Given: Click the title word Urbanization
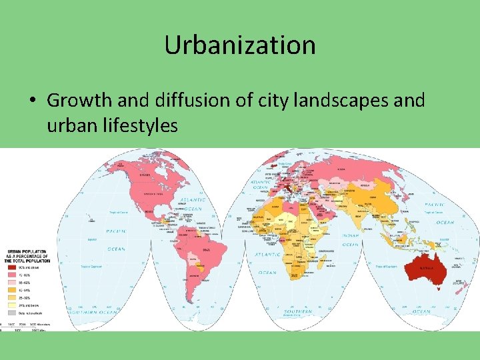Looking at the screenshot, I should (x=240, y=45).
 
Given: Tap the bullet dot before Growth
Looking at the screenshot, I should (x=31, y=101).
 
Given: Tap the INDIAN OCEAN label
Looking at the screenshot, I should (x=351, y=240).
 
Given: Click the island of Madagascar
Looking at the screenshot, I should (x=329, y=266).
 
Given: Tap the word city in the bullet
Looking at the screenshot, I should (x=279, y=101).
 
